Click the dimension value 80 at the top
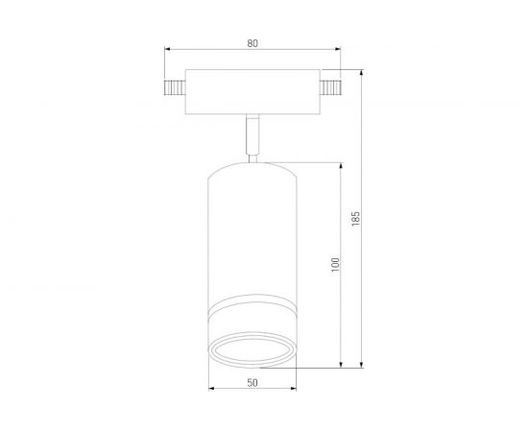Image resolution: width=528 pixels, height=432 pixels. pos(252,43)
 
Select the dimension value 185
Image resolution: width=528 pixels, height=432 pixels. pos(356,218)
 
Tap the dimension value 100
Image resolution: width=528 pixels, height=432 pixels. pos(335,264)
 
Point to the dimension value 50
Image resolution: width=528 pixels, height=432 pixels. pos(252,383)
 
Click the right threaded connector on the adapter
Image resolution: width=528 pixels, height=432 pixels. pos(332,88)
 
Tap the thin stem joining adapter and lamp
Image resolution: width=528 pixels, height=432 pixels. pos(252,135)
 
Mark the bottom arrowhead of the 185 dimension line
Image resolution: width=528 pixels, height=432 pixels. pos(363,365)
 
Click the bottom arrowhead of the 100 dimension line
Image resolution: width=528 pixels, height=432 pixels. pos(343,365)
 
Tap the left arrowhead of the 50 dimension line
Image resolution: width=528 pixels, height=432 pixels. pos(212,390)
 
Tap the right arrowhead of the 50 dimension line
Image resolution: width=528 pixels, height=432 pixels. pos(293,390)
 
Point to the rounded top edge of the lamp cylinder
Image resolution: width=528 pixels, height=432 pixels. pos(252,162)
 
